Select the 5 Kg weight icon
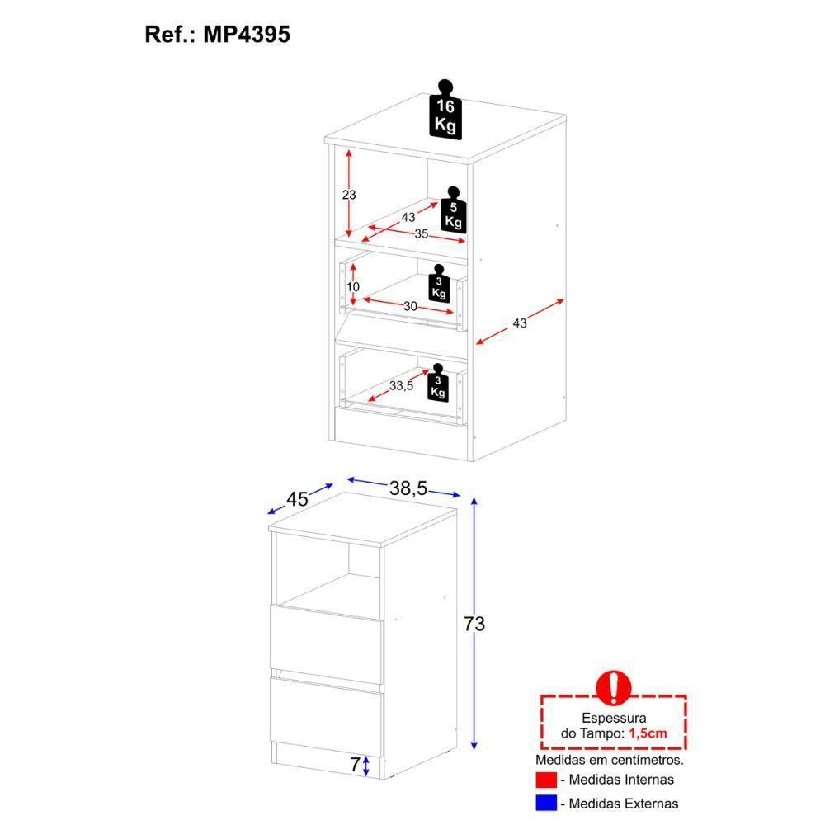(453, 214)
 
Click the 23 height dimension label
(348, 195)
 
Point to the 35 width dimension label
(421, 235)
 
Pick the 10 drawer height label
(352, 287)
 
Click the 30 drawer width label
(410, 306)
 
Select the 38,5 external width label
(408, 488)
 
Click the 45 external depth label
(297, 499)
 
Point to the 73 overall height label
(474, 625)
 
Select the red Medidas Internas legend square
(545, 780)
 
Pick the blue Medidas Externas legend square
(545, 803)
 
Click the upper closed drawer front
(327, 637)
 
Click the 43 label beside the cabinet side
(519, 323)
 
